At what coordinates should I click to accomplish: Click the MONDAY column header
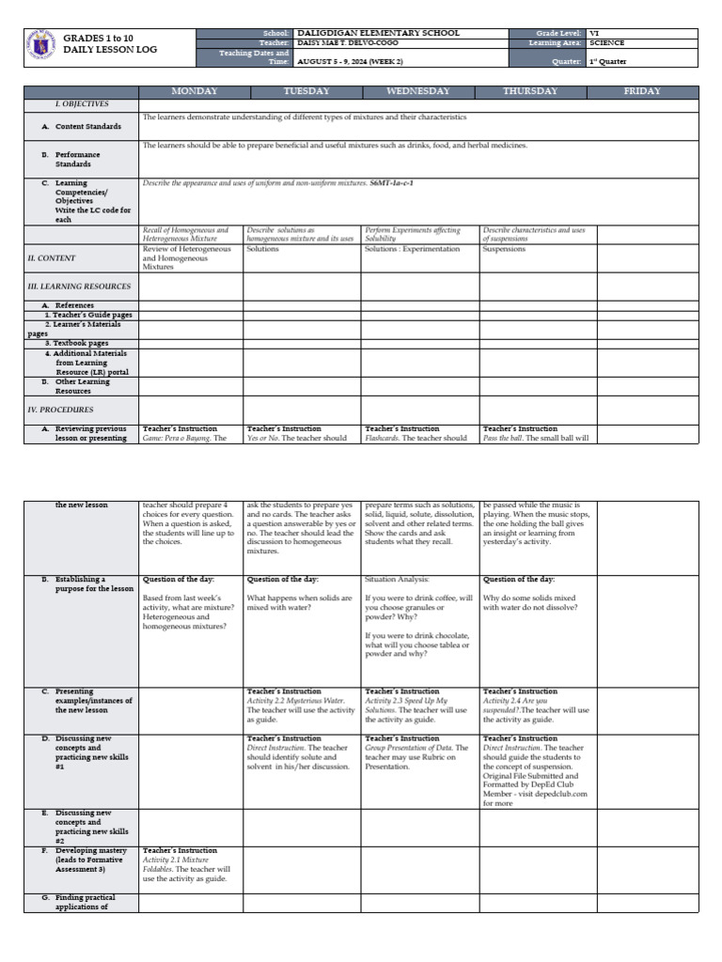coord(194,91)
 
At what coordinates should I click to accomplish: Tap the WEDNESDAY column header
coord(418,91)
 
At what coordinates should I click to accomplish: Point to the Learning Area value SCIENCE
coord(606,43)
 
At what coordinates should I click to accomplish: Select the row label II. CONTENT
coord(52,257)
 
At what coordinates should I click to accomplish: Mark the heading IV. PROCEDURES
coord(59,410)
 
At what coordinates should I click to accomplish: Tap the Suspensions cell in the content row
coord(505,250)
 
